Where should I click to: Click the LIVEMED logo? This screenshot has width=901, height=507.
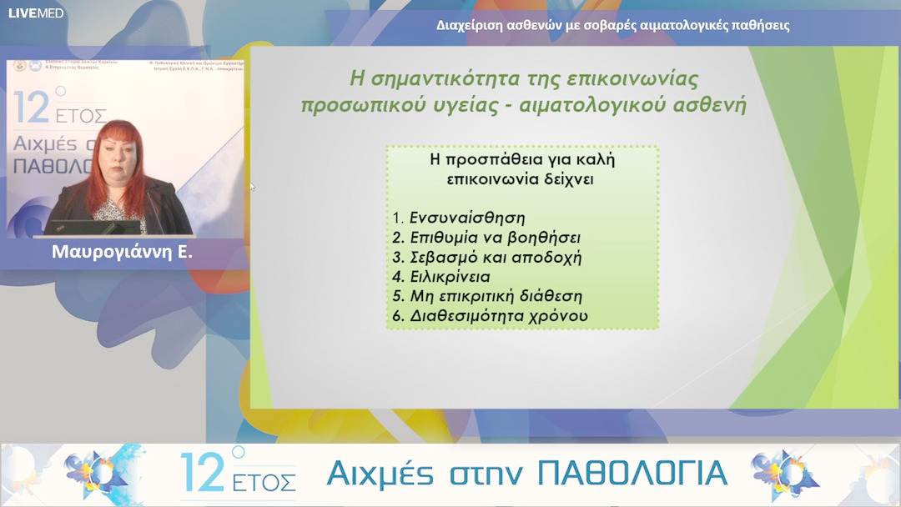(x=36, y=13)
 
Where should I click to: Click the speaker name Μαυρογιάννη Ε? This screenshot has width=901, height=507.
(x=122, y=251)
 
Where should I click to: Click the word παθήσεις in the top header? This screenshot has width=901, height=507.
(x=758, y=25)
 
